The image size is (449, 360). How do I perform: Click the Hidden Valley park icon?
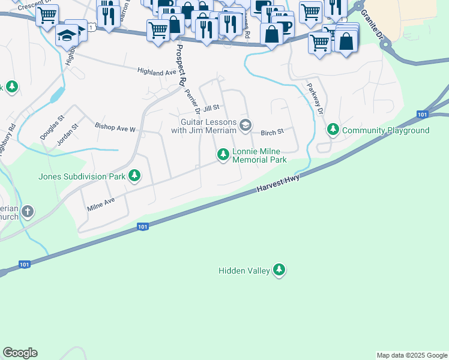279,271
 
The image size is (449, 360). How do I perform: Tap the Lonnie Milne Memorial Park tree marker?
223,155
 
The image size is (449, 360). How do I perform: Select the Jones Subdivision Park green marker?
135,176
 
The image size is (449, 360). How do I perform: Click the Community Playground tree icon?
333,130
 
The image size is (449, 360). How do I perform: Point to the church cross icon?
27,211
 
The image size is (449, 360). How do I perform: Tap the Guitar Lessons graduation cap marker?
245,125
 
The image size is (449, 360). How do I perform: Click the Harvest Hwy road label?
278,182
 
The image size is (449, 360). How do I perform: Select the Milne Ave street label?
101,203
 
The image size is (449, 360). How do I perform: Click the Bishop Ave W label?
116,127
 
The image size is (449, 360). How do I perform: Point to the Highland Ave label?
157,72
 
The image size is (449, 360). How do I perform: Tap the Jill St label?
211,108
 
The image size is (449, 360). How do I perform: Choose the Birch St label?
271,132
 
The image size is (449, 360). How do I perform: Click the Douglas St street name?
52,127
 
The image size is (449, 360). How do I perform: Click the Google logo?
20,353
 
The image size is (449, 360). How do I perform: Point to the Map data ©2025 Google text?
411,355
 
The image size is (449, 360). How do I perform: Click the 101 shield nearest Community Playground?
423,115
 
